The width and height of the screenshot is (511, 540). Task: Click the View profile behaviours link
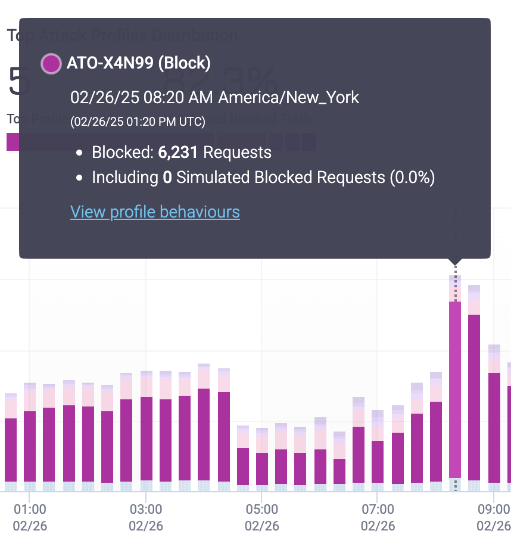pos(155,212)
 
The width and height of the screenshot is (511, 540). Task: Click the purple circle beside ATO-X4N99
pos(51,64)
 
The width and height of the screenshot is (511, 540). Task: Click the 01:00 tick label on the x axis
pos(29,510)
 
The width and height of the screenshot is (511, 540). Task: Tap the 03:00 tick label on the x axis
pos(146,510)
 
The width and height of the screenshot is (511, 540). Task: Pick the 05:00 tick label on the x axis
pos(262,510)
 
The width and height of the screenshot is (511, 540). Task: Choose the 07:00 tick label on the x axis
pos(378,510)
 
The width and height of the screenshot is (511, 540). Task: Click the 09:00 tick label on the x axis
pos(494,510)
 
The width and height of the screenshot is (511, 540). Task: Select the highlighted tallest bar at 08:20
pos(455,387)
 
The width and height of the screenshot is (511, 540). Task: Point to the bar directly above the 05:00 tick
pos(262,465)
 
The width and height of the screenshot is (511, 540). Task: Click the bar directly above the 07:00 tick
pos(378,459)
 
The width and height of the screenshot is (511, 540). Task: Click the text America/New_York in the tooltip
pos(289,97)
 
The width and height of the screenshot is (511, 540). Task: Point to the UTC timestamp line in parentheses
pos(138,122)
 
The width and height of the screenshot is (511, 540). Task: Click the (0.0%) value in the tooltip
pos(412,178)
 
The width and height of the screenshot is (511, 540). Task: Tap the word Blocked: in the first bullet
pos(123,153)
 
